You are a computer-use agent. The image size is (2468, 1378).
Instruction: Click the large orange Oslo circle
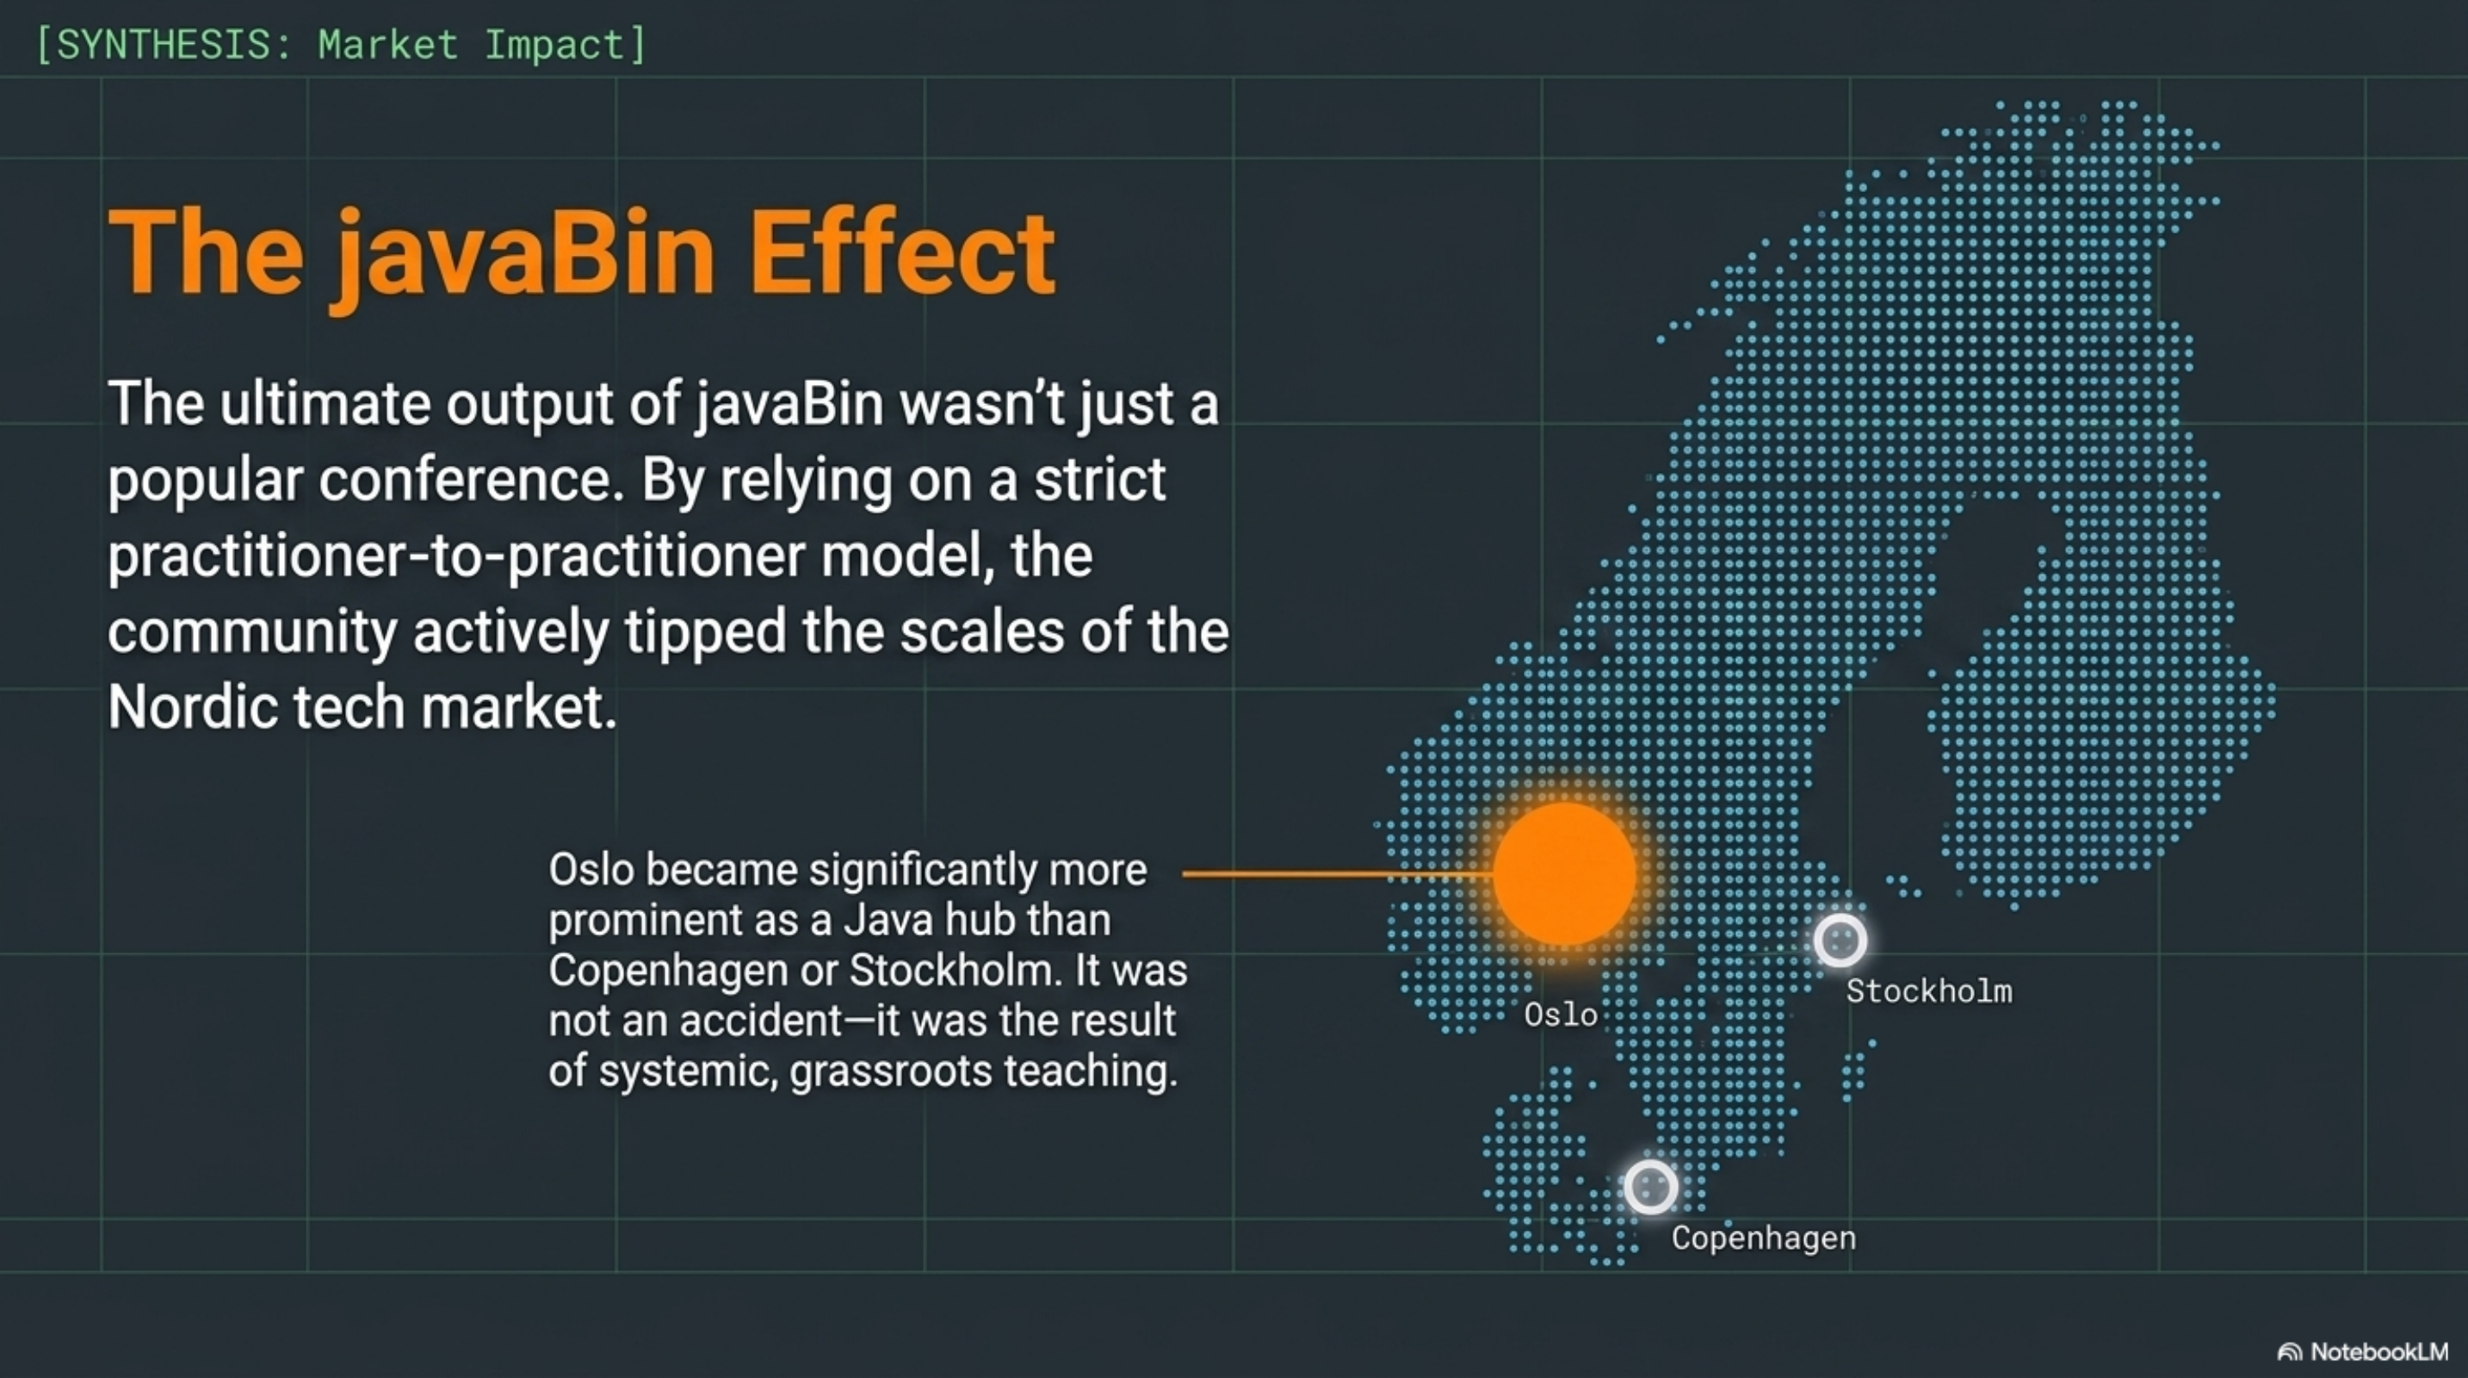[x=1563, y=873]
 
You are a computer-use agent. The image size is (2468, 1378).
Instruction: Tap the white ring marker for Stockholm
[x=1840, y=939]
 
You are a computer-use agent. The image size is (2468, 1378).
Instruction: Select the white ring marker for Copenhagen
[x=1650, y=1188]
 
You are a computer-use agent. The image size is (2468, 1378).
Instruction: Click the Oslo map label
[x=1560, y=1015]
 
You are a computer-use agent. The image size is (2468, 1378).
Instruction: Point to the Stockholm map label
[x=1928, y=990]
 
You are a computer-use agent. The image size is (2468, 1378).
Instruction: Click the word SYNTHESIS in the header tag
[x=164, y=45]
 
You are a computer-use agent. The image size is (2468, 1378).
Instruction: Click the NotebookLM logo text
[x=2378, y=1351]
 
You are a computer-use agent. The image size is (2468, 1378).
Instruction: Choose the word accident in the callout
[x=760, y=1021]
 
